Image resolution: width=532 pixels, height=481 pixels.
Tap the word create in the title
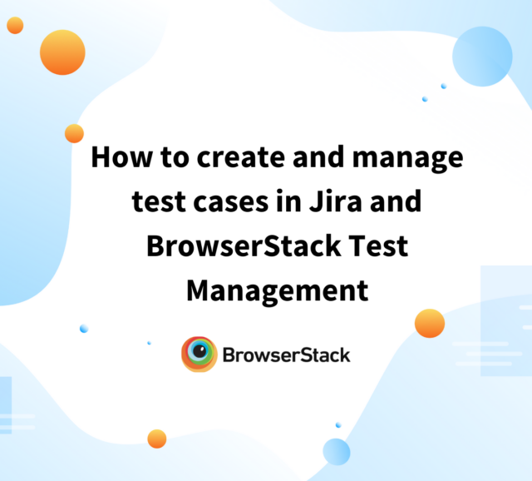[x=225, y=157]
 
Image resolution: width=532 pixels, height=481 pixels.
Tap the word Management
[x=277, y=290]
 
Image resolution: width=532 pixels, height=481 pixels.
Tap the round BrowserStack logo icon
[x=199, y=355]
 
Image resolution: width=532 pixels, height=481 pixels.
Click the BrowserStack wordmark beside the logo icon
[x=286, y=355]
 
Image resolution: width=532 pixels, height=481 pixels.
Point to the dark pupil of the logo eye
[x=199, y=355]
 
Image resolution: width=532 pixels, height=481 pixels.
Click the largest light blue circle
[x=482, y=56]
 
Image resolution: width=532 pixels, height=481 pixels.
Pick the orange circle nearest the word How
[x=74, y=133]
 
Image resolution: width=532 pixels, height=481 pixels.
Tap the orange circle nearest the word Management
[x=429, y=323]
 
